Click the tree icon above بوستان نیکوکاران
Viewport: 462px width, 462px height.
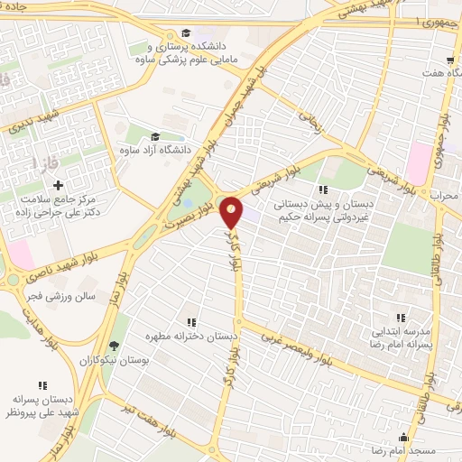pyautogui.click(x=114, y=345)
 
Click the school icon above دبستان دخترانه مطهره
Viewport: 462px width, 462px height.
pyautogui.click(x=191, y=321)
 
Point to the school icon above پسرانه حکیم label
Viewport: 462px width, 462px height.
pyautogui.click(x=323, y=189)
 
